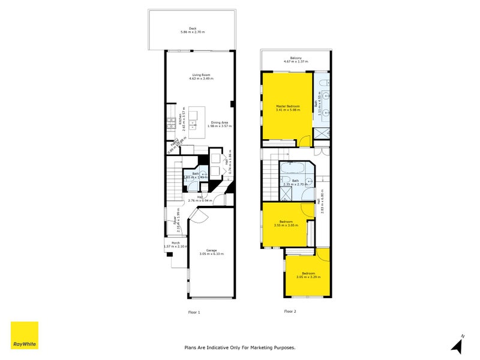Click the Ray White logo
(25, 336)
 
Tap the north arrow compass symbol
(458, 344)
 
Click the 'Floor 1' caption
(194, 312)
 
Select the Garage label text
(211, 252)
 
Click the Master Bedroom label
(287, 108)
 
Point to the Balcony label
(296, 59)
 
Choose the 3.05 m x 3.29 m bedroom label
(308, 275)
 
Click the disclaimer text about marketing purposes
(239, 347)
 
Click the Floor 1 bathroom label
(195, 176)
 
